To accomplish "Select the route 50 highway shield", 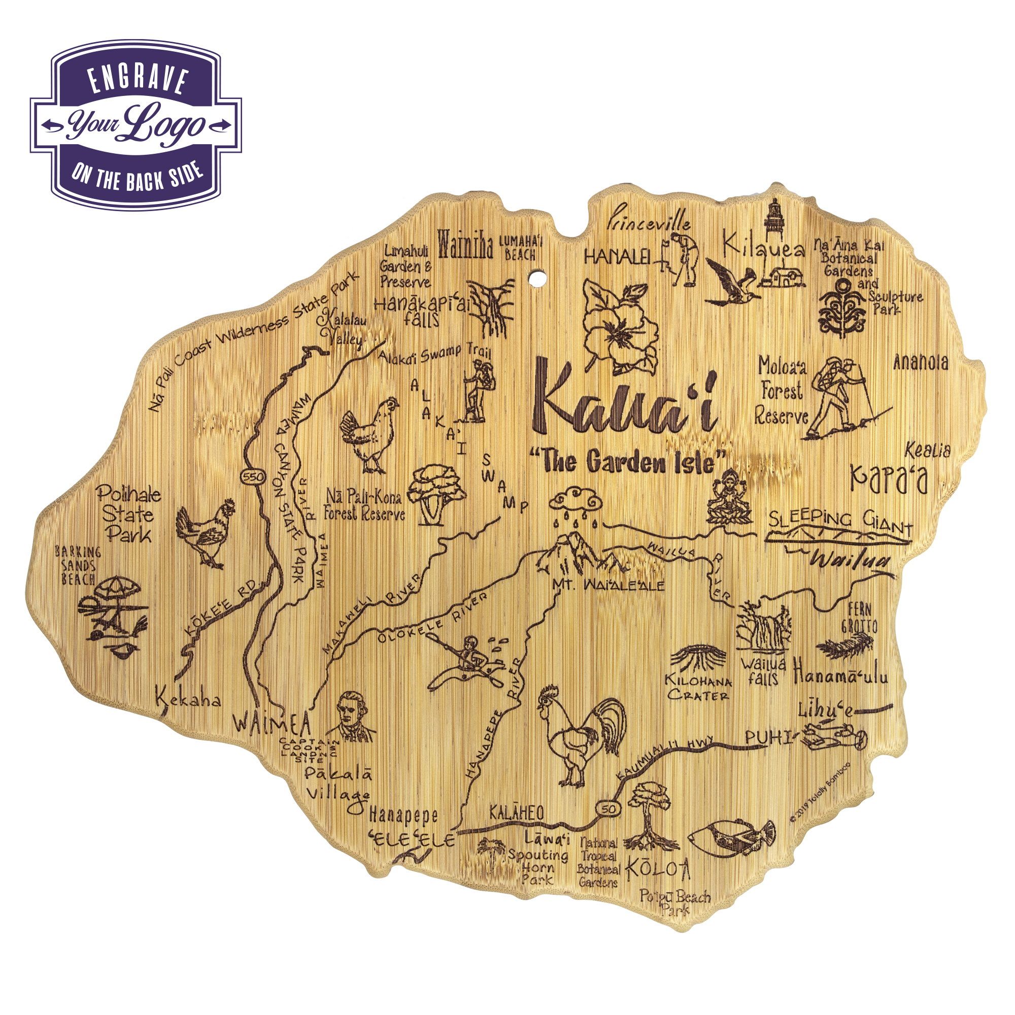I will tap(608, 809).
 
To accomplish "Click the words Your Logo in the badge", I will tap(136, 125).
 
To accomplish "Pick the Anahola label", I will tap(921, 362).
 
